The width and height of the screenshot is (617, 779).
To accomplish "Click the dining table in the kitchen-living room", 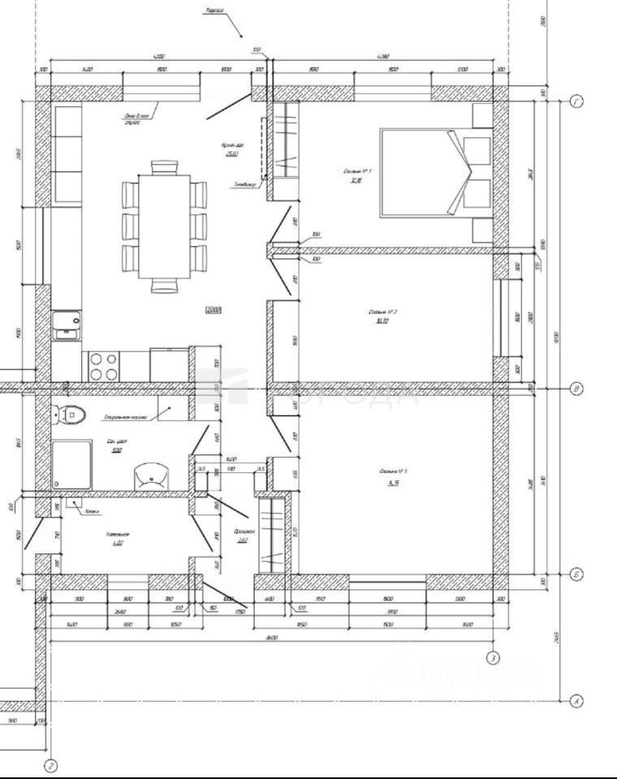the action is (165, 226).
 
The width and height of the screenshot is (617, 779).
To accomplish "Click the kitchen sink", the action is (66, 326).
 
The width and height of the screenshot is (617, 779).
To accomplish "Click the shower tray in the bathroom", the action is (72, 464).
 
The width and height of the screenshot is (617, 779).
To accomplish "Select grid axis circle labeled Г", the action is (576, 101).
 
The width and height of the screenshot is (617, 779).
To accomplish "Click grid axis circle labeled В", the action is (576, 389).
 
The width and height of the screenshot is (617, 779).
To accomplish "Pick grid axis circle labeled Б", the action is (576, 575).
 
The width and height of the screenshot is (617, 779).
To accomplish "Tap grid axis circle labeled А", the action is (576, 702).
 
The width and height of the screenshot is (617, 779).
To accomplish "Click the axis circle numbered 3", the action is (491, 657).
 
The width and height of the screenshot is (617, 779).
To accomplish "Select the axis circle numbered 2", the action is (50, 765).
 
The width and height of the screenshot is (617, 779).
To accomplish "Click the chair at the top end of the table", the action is (164, 167).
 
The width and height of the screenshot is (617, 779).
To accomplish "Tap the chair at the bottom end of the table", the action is (164, 285).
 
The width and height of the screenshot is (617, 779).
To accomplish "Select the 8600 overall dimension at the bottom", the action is (272, 638).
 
